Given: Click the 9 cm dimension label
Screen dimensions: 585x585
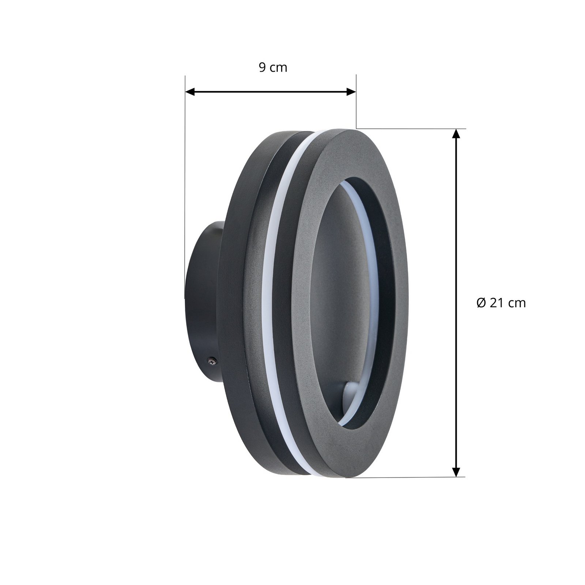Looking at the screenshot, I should point(273,68).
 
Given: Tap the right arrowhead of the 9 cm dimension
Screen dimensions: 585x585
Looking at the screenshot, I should point(351,92).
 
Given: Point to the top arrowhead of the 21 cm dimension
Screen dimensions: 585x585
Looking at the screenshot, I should point(456,134).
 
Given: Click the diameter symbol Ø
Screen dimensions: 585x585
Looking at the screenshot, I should point(481,303).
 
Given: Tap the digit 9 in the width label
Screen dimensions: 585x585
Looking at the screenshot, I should point(262,68).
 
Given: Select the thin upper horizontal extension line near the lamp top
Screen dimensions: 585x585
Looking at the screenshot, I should point(409,129).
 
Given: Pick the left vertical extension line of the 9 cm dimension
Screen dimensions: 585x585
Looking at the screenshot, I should point(185,183).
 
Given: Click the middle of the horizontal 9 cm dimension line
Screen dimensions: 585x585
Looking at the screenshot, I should point(271,92).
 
